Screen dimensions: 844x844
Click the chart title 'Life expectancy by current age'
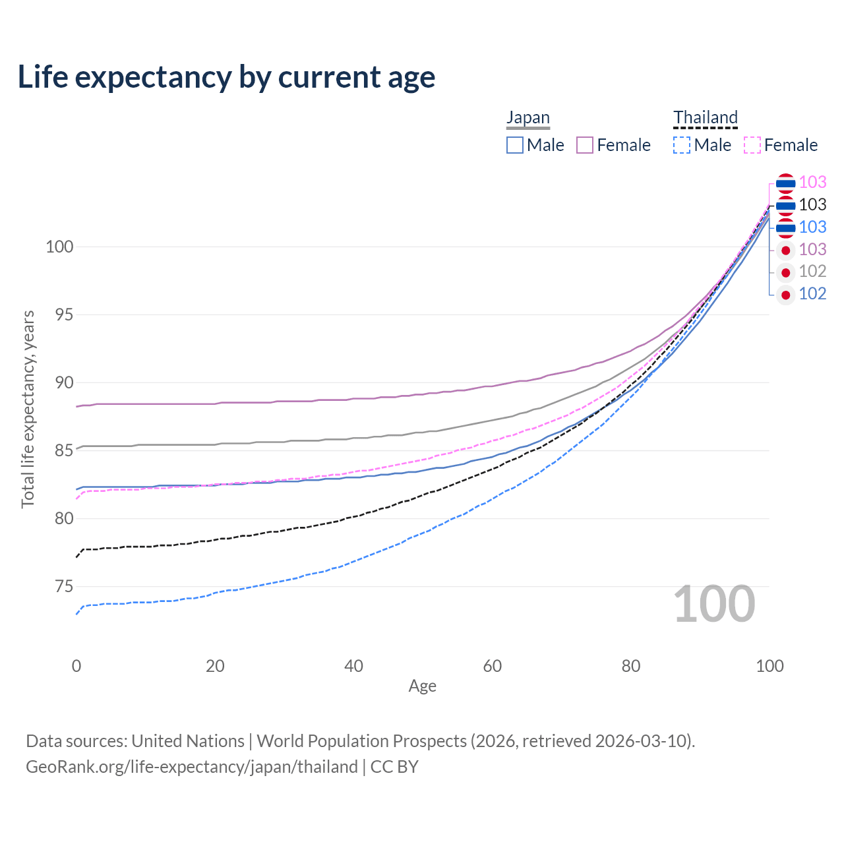(x=226, y=78)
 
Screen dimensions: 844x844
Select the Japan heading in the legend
(x=527, y=117)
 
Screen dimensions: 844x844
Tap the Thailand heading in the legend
(x=705, y=117)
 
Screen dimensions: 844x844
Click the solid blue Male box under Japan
(x=514, y=145)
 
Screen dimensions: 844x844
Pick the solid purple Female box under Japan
(x=585, y=145)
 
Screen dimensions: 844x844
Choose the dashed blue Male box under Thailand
(x=682, y=145)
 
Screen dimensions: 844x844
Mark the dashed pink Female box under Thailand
(x=752, y=145)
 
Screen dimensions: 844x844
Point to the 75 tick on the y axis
(x=64, y=586)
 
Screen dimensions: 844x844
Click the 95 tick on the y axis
(x=64, y=315)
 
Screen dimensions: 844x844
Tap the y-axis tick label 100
(x=59, y=247)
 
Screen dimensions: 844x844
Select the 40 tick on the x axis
(x=353, y=666)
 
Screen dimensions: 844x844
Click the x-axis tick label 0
(x=76, y=666)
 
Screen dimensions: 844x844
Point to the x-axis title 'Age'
(x=422, y=686)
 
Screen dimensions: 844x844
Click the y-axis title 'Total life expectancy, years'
(x=28, y=409)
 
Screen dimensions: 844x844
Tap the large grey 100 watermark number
(x=714, y=605)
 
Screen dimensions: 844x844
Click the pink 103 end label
(x=812, y=182)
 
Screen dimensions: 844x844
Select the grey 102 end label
(x=812, y=272)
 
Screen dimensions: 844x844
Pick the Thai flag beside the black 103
(x=786, y=205)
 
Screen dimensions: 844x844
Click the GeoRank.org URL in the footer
(x=192, y=767)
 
